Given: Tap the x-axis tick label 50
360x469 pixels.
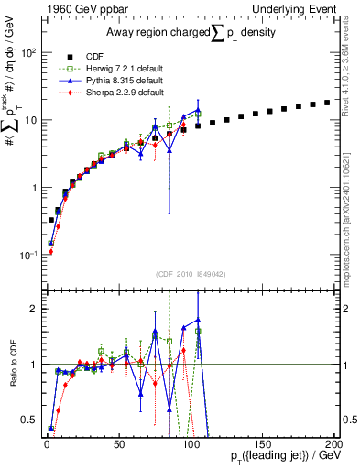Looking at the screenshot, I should tap(118, 443).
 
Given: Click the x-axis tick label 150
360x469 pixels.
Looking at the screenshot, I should tap(262, 443).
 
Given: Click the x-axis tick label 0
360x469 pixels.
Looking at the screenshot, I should tap(47, 443).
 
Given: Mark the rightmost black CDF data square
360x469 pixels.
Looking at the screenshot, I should tap(328, 103).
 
